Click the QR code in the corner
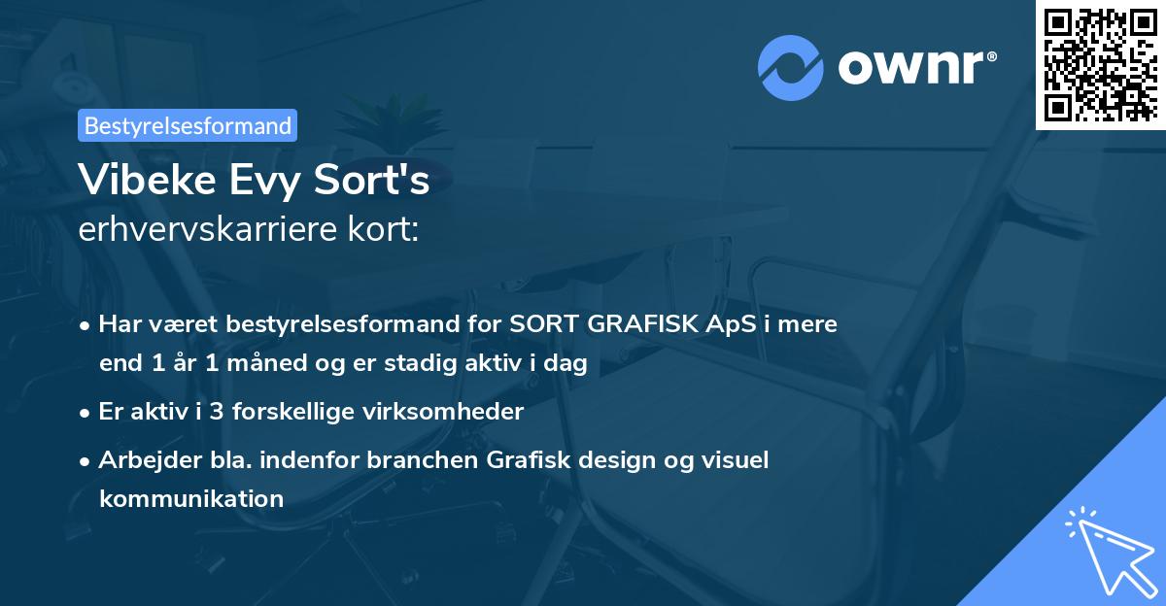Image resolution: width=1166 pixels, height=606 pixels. pos(1101,64)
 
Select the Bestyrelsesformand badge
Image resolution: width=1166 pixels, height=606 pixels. pos(188,125)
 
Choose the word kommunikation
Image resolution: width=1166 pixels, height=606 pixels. pos(191,499)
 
